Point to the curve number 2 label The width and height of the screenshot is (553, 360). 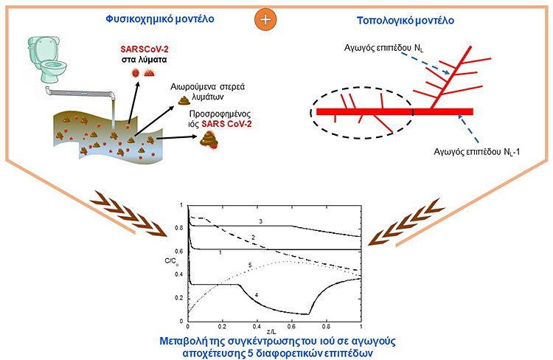click(x=252, y=238)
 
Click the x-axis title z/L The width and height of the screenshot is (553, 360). click(x=274, y=332)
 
